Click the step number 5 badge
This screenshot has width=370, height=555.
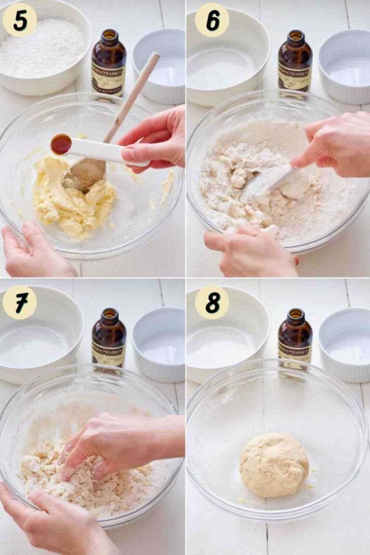click(19, 20)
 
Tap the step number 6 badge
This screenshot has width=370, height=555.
click(212, 20)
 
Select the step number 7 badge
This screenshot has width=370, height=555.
click(19, 302)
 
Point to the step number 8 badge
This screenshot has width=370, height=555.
click(212, 302)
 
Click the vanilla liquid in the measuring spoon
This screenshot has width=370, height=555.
click(61, 144)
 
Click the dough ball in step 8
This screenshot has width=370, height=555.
click(274, 465)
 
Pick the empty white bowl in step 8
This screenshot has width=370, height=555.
click(226, 333)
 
